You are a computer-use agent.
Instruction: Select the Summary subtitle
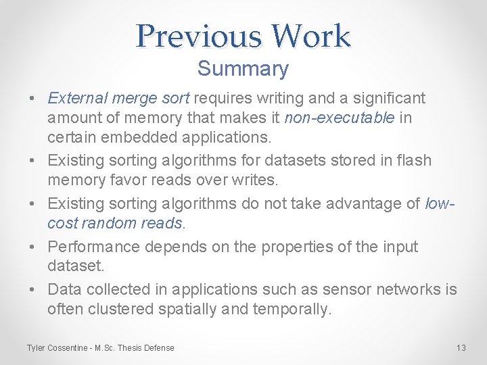(243, 68)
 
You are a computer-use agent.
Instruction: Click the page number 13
(461, 348)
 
